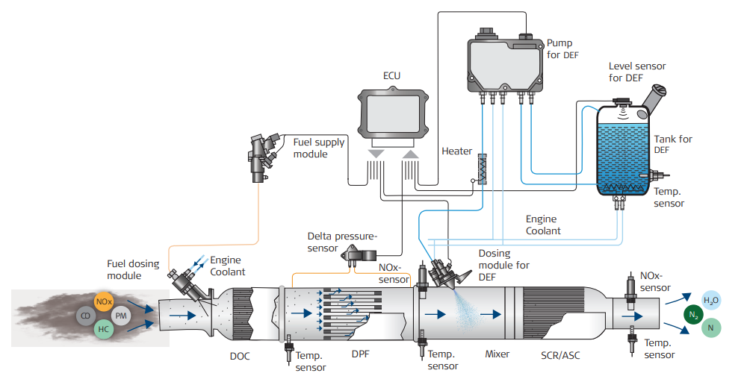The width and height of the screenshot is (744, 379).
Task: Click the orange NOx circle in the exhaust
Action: pyautogui.click(x=104, y=303)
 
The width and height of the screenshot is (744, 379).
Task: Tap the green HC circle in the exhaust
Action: pyautogui.click(x=104, y=330)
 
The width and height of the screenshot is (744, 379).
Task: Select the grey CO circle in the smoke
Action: pyautogui.click(x=84, y=316)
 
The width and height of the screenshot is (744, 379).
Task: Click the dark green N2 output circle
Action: pyautogui.click(x=694, y=313)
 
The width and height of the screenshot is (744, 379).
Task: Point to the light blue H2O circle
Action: pyautogui.click(x=711, y=299)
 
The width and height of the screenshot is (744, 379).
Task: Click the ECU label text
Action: pyautogui.click(x=391, y=76)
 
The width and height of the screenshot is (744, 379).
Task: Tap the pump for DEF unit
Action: pyautogui.click(x=504, y=63)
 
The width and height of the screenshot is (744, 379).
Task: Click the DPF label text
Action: pyautogui.click(x=360, y=356)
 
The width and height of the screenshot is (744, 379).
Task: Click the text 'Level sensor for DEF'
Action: pyautogui.click(x=636, y=72)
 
